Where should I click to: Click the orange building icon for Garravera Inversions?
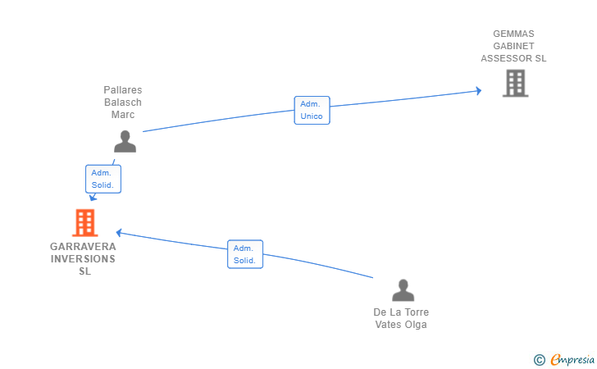[x=85, y=223]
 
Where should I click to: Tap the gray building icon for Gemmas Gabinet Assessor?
[x=516, y=83]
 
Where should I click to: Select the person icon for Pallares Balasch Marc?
[x=125, y=141]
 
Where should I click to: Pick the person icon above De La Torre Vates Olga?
[x=403, y=290]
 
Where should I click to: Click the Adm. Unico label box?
[x=312, y=110]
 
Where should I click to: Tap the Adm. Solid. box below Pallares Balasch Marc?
[x=103, y=179]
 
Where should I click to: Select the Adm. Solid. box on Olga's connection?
[x=245, y=254]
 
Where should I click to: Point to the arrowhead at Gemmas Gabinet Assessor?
[x=479, y=91]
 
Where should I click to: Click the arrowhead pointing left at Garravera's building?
[x=119, y=233]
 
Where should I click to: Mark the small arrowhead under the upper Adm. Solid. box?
[x=93, y=198]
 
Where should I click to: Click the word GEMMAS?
[x=513, y=34]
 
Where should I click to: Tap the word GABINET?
[x=513, y=46]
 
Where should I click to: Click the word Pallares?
[x=123, y=90]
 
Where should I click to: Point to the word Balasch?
[x=123, y=102]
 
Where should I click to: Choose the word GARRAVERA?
[x=83, y=246]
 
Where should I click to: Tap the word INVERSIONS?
[x=83, y=259]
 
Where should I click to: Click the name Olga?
[x=417, y=325]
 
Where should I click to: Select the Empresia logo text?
[x=572, y=359]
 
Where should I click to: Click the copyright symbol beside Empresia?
[x=540, y=360]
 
